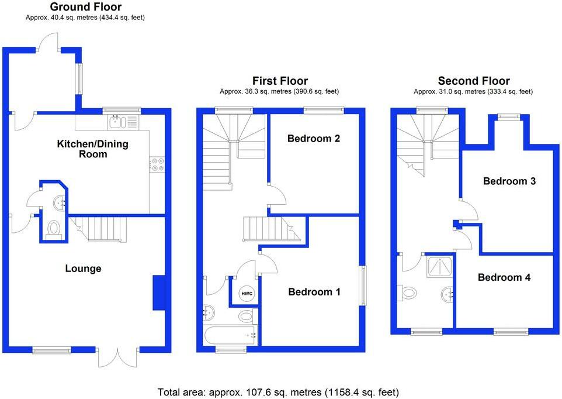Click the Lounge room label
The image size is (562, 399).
pyautogui.click(x=83, y=269)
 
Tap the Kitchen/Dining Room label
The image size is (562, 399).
pyautogui.click(x=92, y=149)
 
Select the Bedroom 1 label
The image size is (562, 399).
pyautogui.click(x=314, y=291)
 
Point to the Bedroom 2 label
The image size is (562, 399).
pyautogui.click(x=314, y=139)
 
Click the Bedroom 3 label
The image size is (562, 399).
pyautogui.click(x=509, y=181)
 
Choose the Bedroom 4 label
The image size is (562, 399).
pyautogui.click(x=504, y=277)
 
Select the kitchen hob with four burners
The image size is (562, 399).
pyautogui.click(x=157, y=164)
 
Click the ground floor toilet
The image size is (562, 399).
pyautogui.click(x=53, y=228)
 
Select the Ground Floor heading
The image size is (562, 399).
pyautogui.click(x=86, y=7)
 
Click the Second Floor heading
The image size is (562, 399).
pyautogui.click(x=474, y=81)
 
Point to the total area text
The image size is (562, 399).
pyautogui.click(x=278, y=391)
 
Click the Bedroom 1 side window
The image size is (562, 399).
pyautogui.click(x=363, y=286)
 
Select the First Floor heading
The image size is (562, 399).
pyautogui.click(x=280, y=81)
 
